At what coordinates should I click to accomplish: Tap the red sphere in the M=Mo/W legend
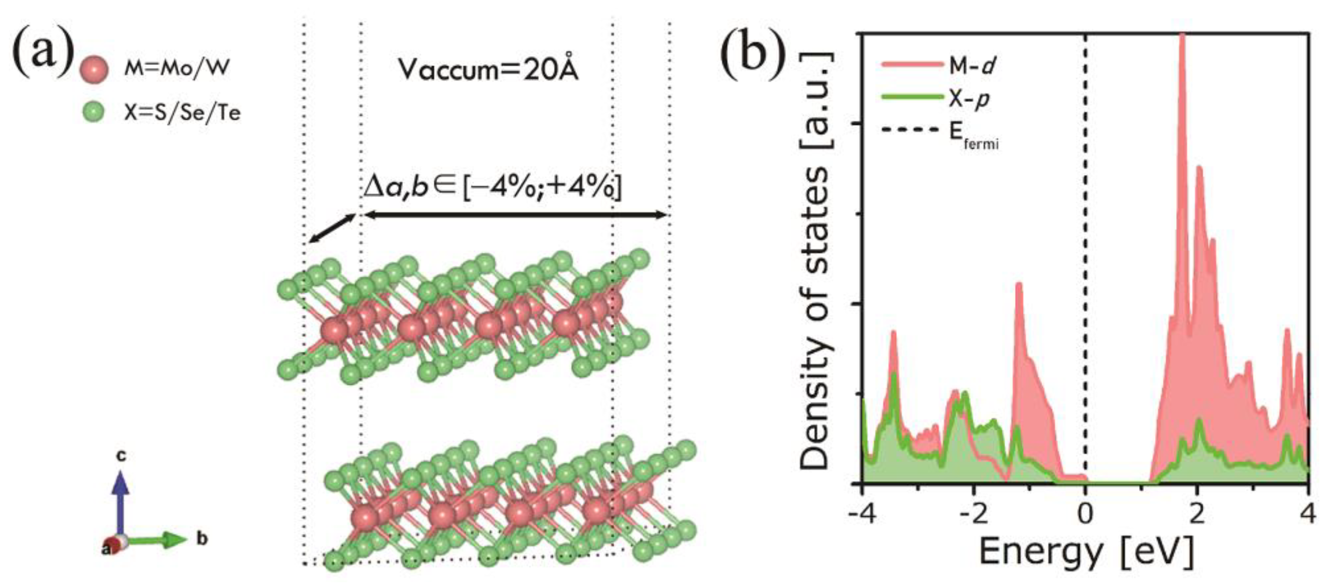pos(94,69)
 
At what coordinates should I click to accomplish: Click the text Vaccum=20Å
pos(488,69)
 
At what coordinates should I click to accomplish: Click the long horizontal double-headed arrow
pos(515,215)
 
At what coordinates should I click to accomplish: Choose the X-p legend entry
pos(934,98)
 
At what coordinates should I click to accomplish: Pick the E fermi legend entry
pos(939,132)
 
